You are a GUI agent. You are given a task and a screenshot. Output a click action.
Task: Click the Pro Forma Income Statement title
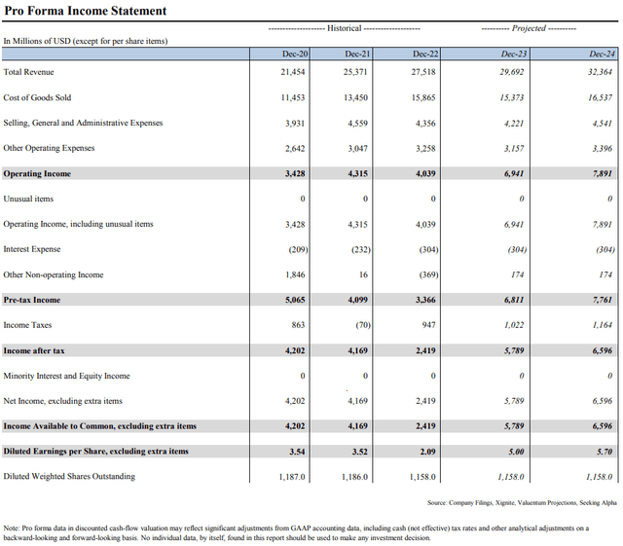tap(85, 11)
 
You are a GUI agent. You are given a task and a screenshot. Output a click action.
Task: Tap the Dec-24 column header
tap(602, 55)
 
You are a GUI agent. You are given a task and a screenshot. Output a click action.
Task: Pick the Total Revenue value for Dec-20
tap(293, 73)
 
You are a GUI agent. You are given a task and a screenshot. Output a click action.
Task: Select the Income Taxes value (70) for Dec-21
tap(361, 325)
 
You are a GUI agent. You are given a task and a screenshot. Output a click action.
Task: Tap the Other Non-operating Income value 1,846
tap(294, 274)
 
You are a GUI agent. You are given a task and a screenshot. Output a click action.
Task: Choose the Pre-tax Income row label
tap(32, 300)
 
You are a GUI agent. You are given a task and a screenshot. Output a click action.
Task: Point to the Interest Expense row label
tap(32, 249)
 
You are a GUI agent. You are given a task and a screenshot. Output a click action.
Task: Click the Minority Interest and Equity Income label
tap(66, 376)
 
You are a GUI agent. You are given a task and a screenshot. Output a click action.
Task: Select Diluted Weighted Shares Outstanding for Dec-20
tap(291, 477)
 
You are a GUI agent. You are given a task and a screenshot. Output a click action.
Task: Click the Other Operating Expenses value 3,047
tap(360, 149)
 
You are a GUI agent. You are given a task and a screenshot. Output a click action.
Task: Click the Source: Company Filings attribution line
tap(521, 503)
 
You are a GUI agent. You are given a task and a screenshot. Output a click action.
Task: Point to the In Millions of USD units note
tap(84, 41)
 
